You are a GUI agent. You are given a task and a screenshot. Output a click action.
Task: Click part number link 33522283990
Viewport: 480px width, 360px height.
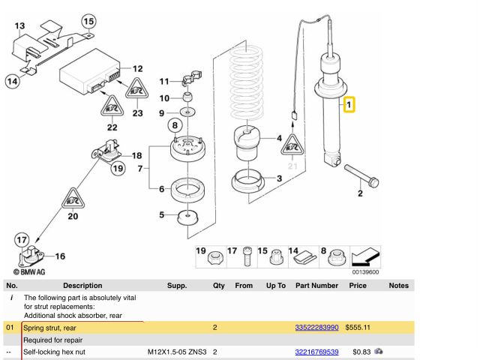pos(316,328)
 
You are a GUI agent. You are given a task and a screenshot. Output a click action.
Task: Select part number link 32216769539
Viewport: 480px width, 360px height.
pos(316,351)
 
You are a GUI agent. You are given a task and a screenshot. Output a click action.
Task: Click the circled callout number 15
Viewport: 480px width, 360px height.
pos(88,20)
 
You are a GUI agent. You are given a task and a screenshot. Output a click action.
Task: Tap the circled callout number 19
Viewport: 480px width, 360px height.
pos(118,168)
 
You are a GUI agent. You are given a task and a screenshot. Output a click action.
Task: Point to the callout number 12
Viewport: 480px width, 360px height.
pos(136,67)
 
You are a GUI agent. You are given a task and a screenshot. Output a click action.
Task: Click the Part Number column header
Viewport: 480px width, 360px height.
pos(316,286)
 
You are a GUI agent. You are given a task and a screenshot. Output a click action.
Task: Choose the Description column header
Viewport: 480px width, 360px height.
pos(82,286)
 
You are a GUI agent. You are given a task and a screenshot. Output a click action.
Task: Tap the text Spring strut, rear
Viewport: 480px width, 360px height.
pos(49,328)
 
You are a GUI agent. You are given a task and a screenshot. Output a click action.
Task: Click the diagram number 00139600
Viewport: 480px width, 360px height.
pos(364,272)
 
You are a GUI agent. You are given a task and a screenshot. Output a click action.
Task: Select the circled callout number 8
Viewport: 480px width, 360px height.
pos(174,124)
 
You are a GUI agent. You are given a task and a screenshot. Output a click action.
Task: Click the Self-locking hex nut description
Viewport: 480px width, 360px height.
pos(55,351)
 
